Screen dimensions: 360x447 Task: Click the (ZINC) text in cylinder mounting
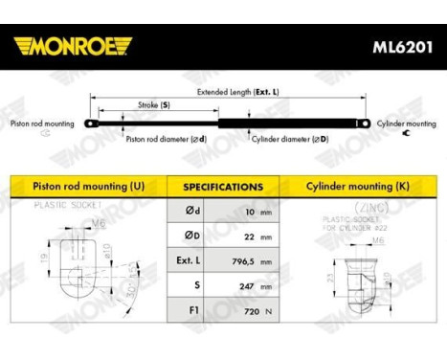click(359, 206)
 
